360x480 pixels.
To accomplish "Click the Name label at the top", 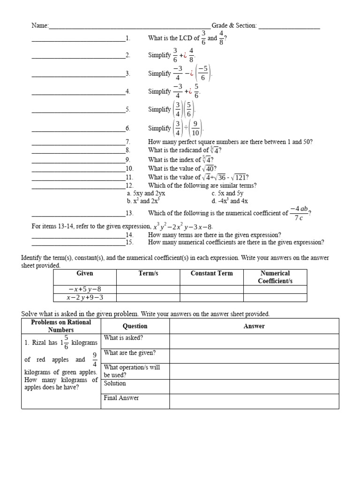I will [39, 26].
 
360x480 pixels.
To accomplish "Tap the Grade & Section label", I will [234, 26].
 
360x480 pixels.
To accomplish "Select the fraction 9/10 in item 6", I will [195, 128].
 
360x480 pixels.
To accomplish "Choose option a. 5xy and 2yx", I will [146, 193].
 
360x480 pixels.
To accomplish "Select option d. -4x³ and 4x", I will [230, 201].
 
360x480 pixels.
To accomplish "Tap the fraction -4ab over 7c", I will [299, 213].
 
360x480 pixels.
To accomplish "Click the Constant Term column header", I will [211, 273].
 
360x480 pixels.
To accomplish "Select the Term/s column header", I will [148, 273].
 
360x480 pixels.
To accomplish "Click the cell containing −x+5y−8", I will [85, 289].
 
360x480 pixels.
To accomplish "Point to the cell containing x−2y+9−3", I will [85, 298].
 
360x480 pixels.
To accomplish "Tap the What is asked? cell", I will [124, 338].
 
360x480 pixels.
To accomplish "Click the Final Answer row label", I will [121, 398].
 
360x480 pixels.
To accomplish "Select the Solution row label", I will [115, 383].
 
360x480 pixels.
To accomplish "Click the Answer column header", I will [254, 326].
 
